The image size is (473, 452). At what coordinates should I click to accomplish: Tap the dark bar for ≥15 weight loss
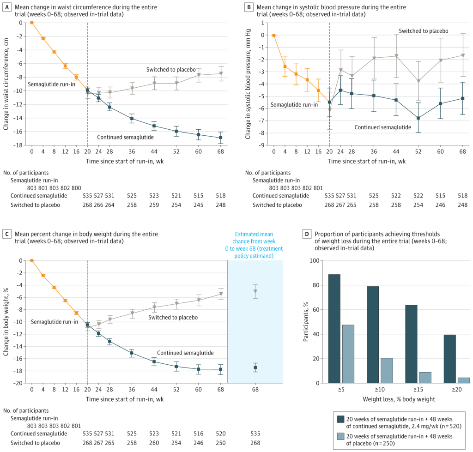point(411,344)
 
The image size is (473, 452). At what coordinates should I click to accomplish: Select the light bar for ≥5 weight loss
point(348,354)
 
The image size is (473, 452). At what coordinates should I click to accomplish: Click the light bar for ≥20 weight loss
point(464,380)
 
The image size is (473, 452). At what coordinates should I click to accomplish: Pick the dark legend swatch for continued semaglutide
point(340,419)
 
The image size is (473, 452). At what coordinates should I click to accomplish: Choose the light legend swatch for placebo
point(340,436)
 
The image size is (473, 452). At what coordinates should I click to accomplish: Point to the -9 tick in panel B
point(261,145)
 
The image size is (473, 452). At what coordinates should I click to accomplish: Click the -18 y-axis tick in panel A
point(18,145)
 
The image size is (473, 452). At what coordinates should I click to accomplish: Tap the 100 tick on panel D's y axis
point(314,260)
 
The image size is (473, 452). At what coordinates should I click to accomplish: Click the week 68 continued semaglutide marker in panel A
point(221,138)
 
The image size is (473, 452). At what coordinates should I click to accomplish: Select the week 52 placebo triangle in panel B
point(418,81)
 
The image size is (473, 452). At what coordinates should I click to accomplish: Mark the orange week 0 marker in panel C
point(32,260)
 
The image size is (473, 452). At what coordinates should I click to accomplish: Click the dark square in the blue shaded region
point(255,368)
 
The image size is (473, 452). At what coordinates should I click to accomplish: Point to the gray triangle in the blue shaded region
point(255,291)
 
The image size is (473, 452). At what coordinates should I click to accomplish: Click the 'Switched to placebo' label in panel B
point(424,31)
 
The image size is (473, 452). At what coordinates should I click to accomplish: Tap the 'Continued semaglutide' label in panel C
point(185,353)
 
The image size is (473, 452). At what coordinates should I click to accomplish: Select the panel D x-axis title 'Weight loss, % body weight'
point(399,399)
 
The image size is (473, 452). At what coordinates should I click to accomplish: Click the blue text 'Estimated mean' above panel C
point(254,234)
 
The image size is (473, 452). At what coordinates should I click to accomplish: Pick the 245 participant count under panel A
point(199,205)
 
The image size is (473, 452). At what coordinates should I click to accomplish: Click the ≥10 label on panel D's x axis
point(380,390)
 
